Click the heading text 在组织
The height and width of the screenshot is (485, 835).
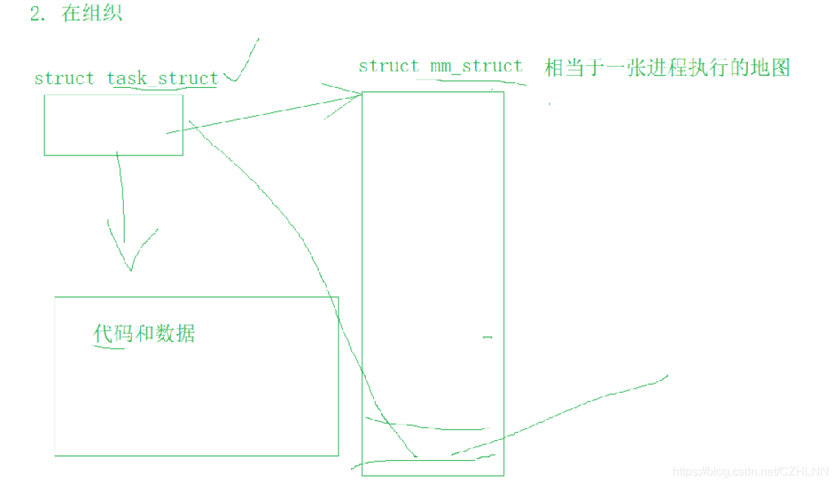point(92,14)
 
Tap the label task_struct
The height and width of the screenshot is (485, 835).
point(162,78)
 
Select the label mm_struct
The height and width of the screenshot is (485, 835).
point(476,66)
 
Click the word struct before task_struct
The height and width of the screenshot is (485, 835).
point(64,78)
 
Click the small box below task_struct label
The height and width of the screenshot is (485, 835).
point(113,125)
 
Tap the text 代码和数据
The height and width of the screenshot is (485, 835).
point(145,333)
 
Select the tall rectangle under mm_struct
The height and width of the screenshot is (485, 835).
point(433,258)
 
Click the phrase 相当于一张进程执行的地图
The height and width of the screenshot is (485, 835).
point(667,68)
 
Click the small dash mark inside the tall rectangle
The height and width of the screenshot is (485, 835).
point(487,338)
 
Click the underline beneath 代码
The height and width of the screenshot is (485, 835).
point(108,346)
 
